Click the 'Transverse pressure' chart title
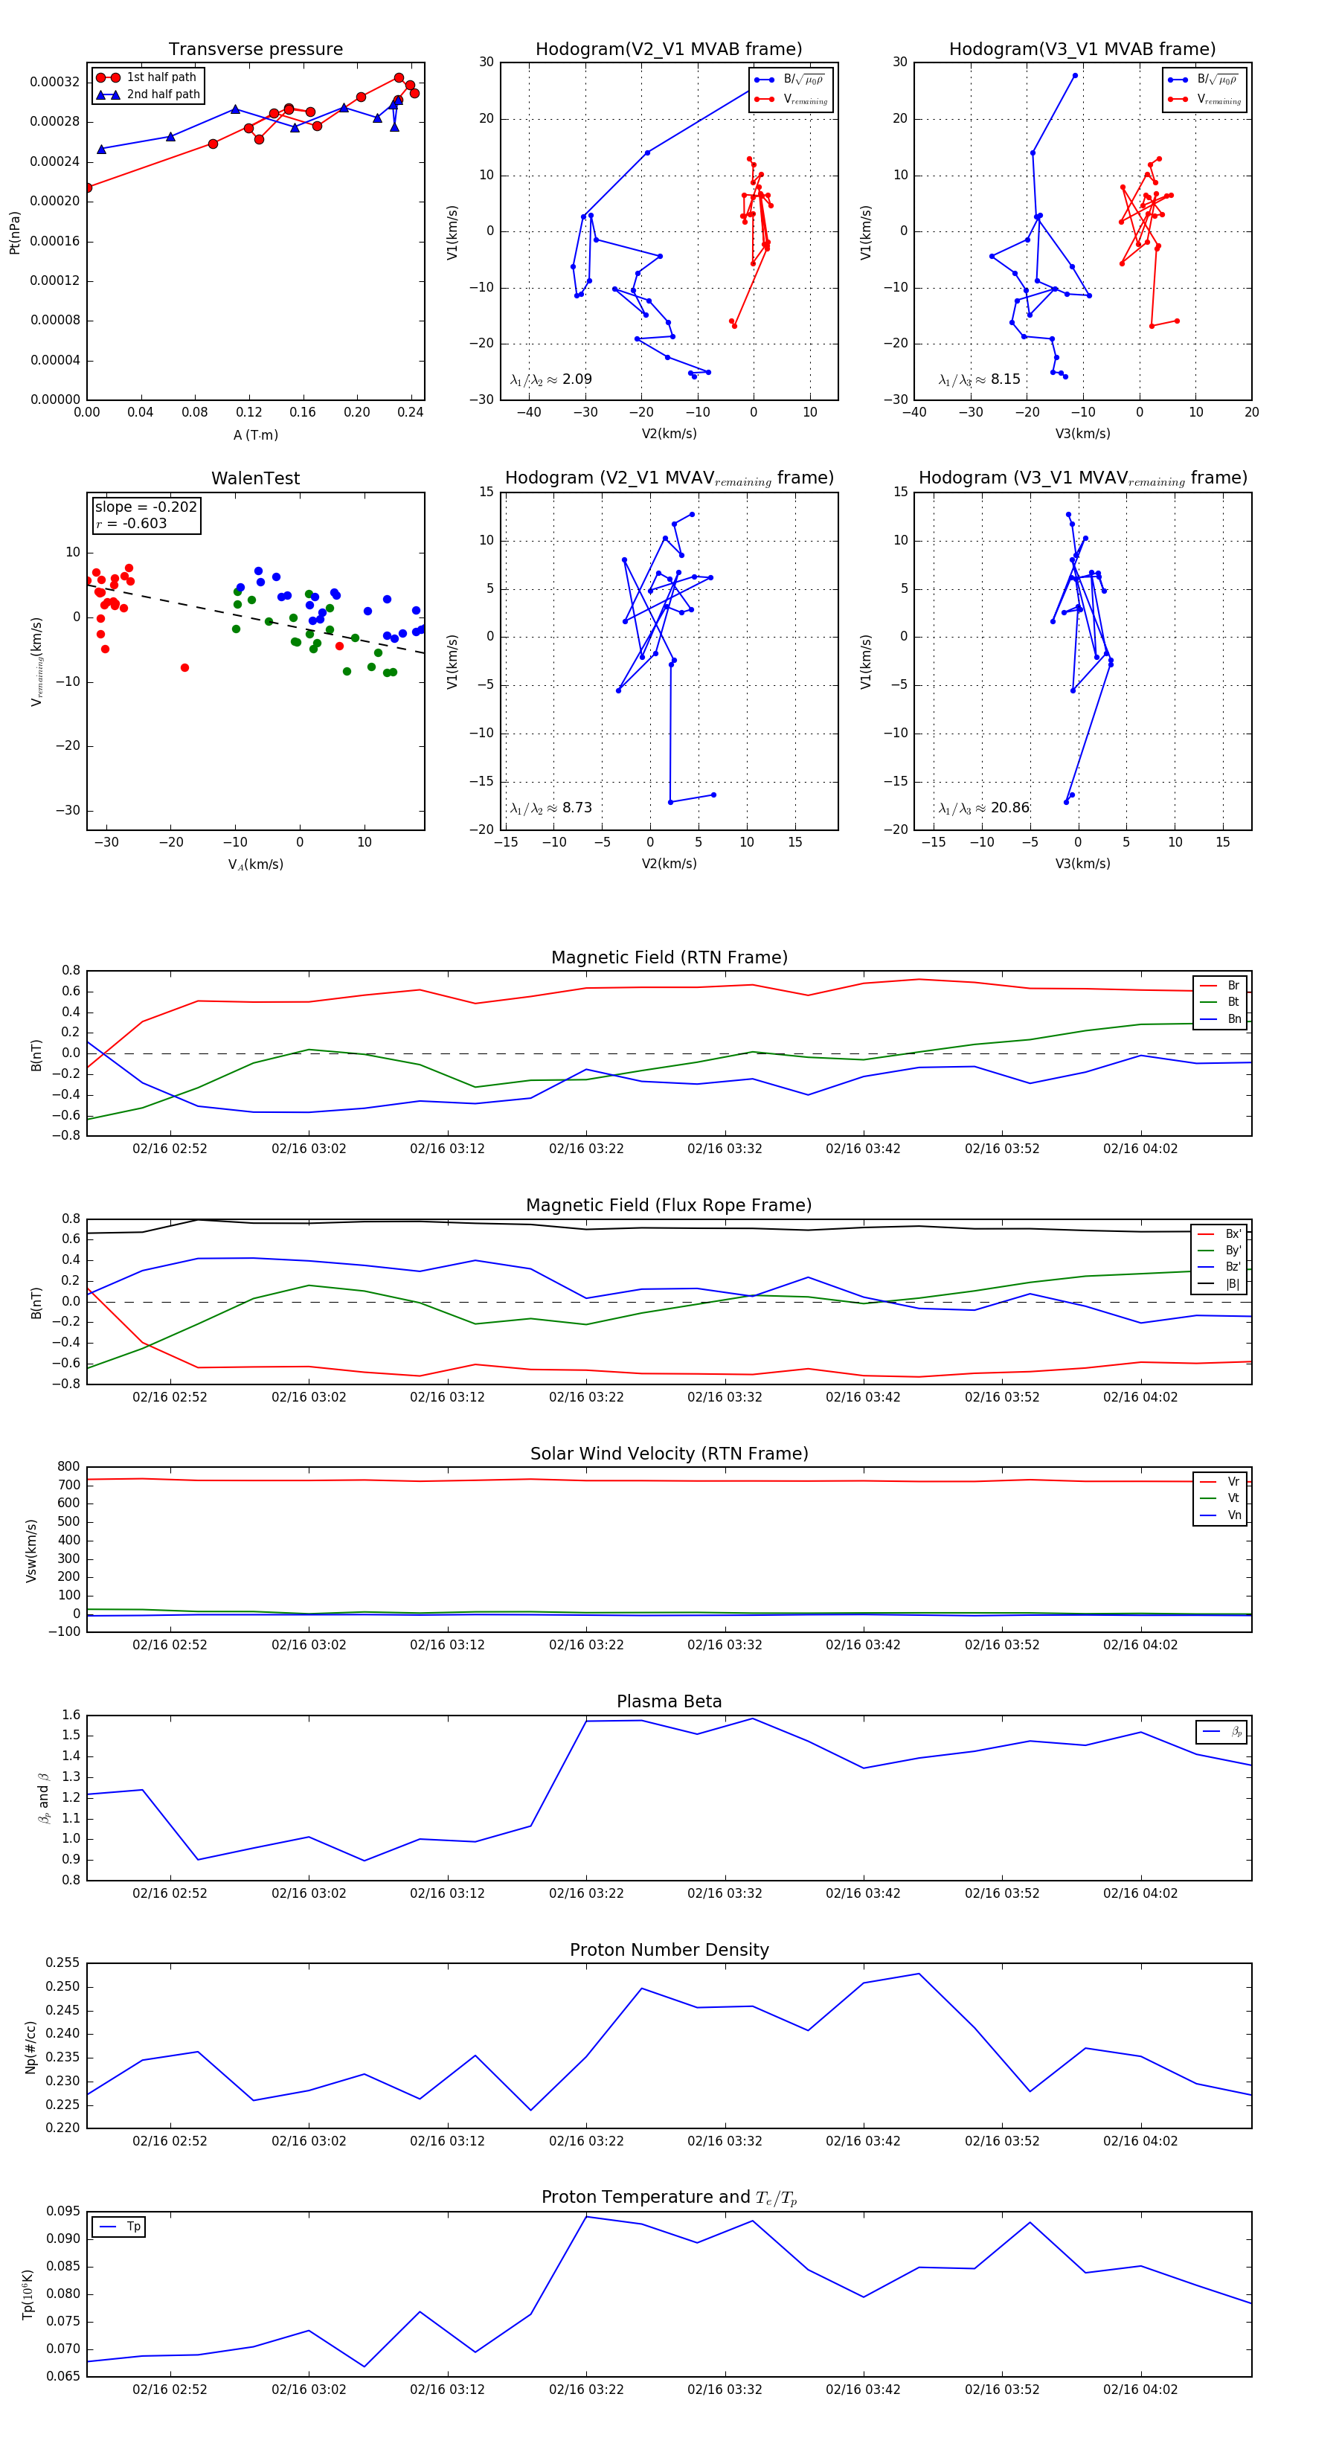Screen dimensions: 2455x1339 255,50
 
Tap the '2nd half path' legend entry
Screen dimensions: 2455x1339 163,94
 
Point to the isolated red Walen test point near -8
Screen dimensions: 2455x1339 185,667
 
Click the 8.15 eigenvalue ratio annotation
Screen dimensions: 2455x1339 1004,379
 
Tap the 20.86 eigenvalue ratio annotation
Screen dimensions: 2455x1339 1009,808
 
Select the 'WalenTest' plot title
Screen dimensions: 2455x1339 255,478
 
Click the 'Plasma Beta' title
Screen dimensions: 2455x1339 669,1701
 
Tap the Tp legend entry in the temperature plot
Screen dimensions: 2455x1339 133,2227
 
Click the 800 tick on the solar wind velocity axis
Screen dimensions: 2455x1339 68,1467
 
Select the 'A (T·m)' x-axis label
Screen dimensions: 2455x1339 255,435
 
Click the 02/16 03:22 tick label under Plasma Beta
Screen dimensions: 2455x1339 586,1893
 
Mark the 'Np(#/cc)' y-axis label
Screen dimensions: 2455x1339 30,2045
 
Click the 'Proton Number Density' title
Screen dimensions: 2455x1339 669,1950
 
